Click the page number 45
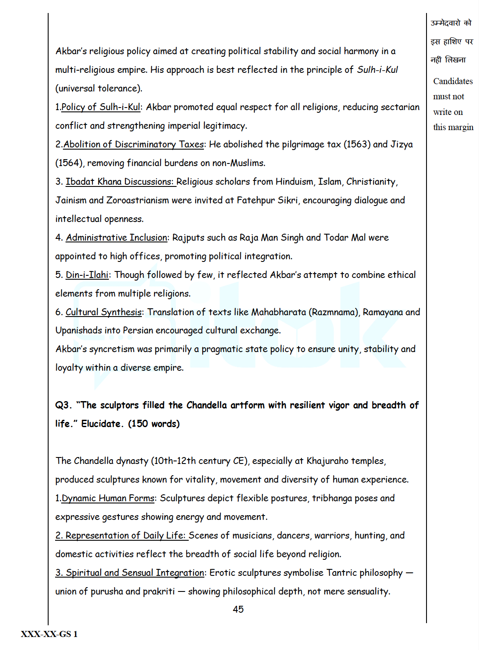pyautogui.click(x=238, y=609)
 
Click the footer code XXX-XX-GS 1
pyautogui.click(x=49, y=634)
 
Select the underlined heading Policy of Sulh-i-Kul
pyautogui.click(x=101, y=107)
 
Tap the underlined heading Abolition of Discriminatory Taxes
pyautogui.click(x=134, y=144)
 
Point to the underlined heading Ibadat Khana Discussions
pyautogui.click(x=120, y=182)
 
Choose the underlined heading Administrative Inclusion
pyautogui.click(x=116, y=238)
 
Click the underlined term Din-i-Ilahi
pyautogui.click(x=87, y=275)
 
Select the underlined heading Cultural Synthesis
pyautogui.click(x=104, y=312)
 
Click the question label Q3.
pyautogui.click(x=63, y=405)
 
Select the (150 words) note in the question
pyautogui.click(x=154, y=424)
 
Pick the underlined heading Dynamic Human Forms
pyautogui.click(x=108, y=498)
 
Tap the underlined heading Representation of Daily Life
pyautogui.click(x=121, y=536)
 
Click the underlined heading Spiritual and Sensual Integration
pyautogui.click(x=130, y=573)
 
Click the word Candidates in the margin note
pyautogui.click(x=453, y=82)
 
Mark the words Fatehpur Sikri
pyautogui.click(x=268, y=200)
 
